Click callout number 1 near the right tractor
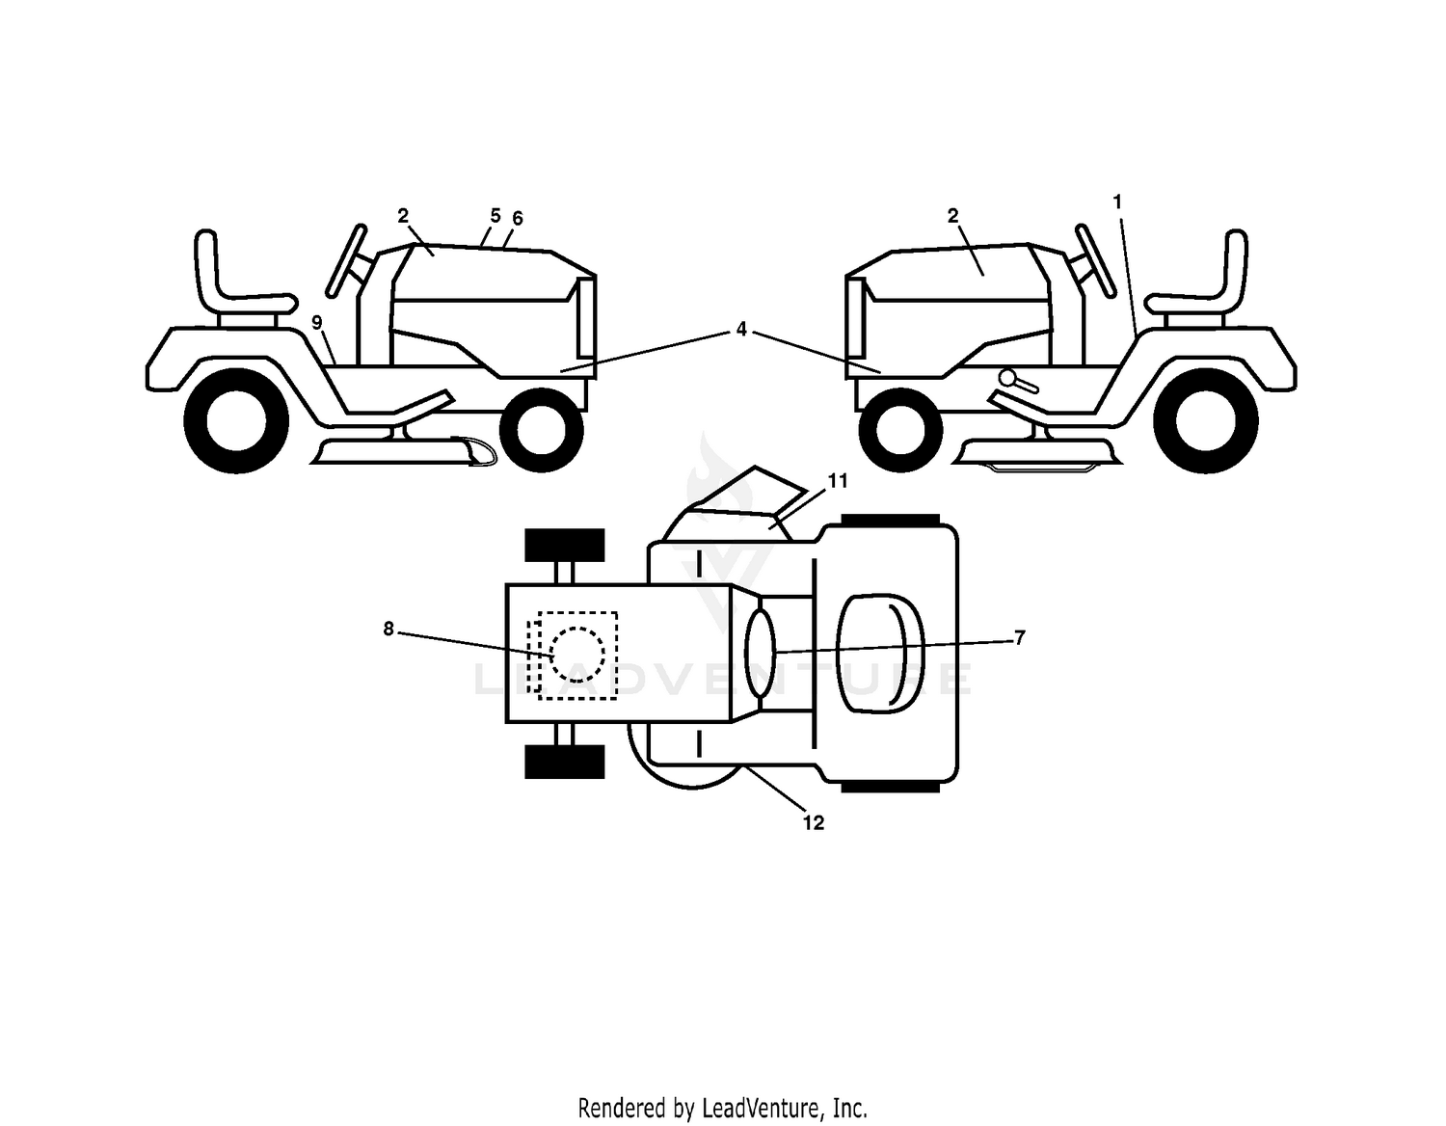(x=1117, y=201)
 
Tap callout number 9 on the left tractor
(x=317, y=322)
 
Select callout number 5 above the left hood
(x=495, y=216)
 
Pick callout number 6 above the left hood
(x=517, y=218)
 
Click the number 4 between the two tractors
(x=741, y=329)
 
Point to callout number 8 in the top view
(x=388, y=629)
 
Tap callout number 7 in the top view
(x=1020, y=638)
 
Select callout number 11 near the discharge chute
(x=838, y=480)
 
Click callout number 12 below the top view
(x=814, y=823)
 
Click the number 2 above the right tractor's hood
(x=952, y=216)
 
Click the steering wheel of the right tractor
(x=1095, y=260)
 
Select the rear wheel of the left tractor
(x=236, y=420)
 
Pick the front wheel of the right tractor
(x=900, y=430)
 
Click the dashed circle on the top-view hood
(x=576, y=655)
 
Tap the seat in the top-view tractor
(x=880, y=654)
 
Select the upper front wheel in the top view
(x=564, y=545)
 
